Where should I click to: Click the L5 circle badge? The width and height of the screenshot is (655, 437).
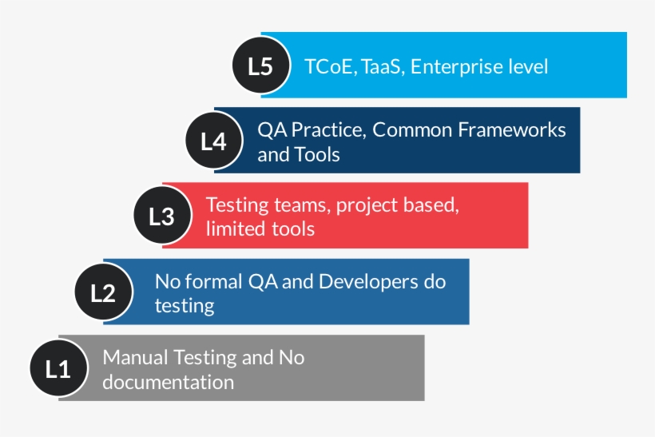260,66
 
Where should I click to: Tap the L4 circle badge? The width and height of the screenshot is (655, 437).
213,141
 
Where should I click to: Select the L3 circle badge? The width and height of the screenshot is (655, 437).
162,216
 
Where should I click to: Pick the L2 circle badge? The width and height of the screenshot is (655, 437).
103,292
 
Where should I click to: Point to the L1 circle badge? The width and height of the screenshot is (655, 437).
58,369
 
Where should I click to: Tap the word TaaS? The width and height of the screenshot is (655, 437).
383,66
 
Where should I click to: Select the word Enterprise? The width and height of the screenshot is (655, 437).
458,66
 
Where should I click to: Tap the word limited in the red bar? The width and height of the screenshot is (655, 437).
231,229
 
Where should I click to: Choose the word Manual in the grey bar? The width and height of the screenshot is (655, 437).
135,357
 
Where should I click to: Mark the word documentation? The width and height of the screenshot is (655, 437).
169,382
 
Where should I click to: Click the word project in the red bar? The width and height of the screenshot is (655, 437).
364,205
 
